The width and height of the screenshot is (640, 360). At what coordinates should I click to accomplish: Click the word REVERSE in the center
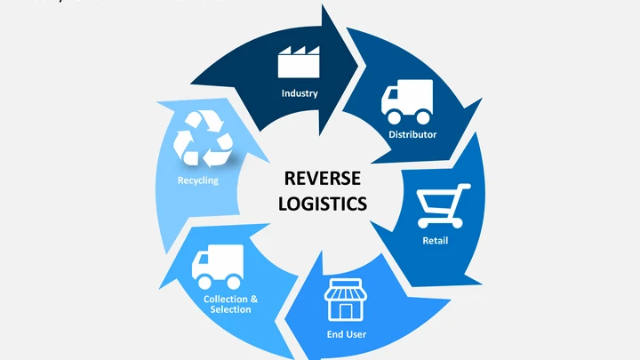(322, 179)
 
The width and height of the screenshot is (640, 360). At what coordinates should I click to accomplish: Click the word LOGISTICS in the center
(322, 203)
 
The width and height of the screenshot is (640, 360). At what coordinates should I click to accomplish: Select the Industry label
(300, 93)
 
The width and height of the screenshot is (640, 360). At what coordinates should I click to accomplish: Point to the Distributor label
(412, 134)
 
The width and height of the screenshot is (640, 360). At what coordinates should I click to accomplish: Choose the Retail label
(435, 241)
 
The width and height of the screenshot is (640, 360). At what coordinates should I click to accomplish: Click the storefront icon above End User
(346, 301)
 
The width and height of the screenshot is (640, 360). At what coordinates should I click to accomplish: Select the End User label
(347, 335)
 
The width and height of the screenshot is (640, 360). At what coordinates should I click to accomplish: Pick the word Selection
(230, 309)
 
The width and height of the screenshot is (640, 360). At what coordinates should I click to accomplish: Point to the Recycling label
(197, 180)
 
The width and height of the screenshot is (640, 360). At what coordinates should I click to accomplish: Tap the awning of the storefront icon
(346, 289)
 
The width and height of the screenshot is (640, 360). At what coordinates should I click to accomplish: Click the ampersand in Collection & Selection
(254, 299)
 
